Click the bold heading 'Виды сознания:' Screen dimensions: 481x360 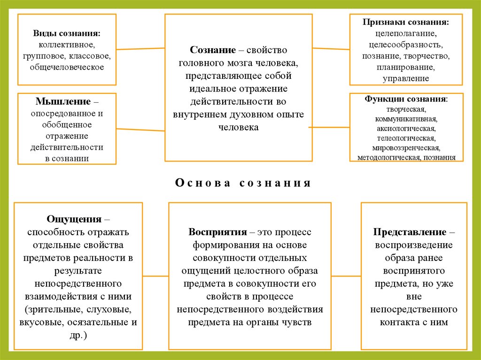tap(66, 34)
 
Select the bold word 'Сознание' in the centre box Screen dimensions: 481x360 tap(212, 50)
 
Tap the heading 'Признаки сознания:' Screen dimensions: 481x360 tap(405, 22)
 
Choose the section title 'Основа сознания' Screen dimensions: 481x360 tap(243, 183)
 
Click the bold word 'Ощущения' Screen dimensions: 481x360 tap(74, 219)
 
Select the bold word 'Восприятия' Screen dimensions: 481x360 tap(218, 232)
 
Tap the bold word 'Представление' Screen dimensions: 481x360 tap(410, 232)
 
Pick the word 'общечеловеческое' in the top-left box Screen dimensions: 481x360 tap(66, 67)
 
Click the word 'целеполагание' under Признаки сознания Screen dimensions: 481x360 tap(406, 34)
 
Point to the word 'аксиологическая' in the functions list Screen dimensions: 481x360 tap(406, 128)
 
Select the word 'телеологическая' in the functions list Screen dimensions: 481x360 tap(406, 138)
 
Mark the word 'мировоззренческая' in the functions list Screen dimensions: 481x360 tap(406, 148)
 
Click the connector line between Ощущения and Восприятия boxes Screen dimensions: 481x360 tap(155, 276)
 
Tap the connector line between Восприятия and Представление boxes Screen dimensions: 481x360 tap(346, 276)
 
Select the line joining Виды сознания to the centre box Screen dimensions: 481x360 tap(140, 48)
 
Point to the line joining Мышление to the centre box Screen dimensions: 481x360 tap(140, 130)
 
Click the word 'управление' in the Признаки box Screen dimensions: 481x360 tap(406, 78)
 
